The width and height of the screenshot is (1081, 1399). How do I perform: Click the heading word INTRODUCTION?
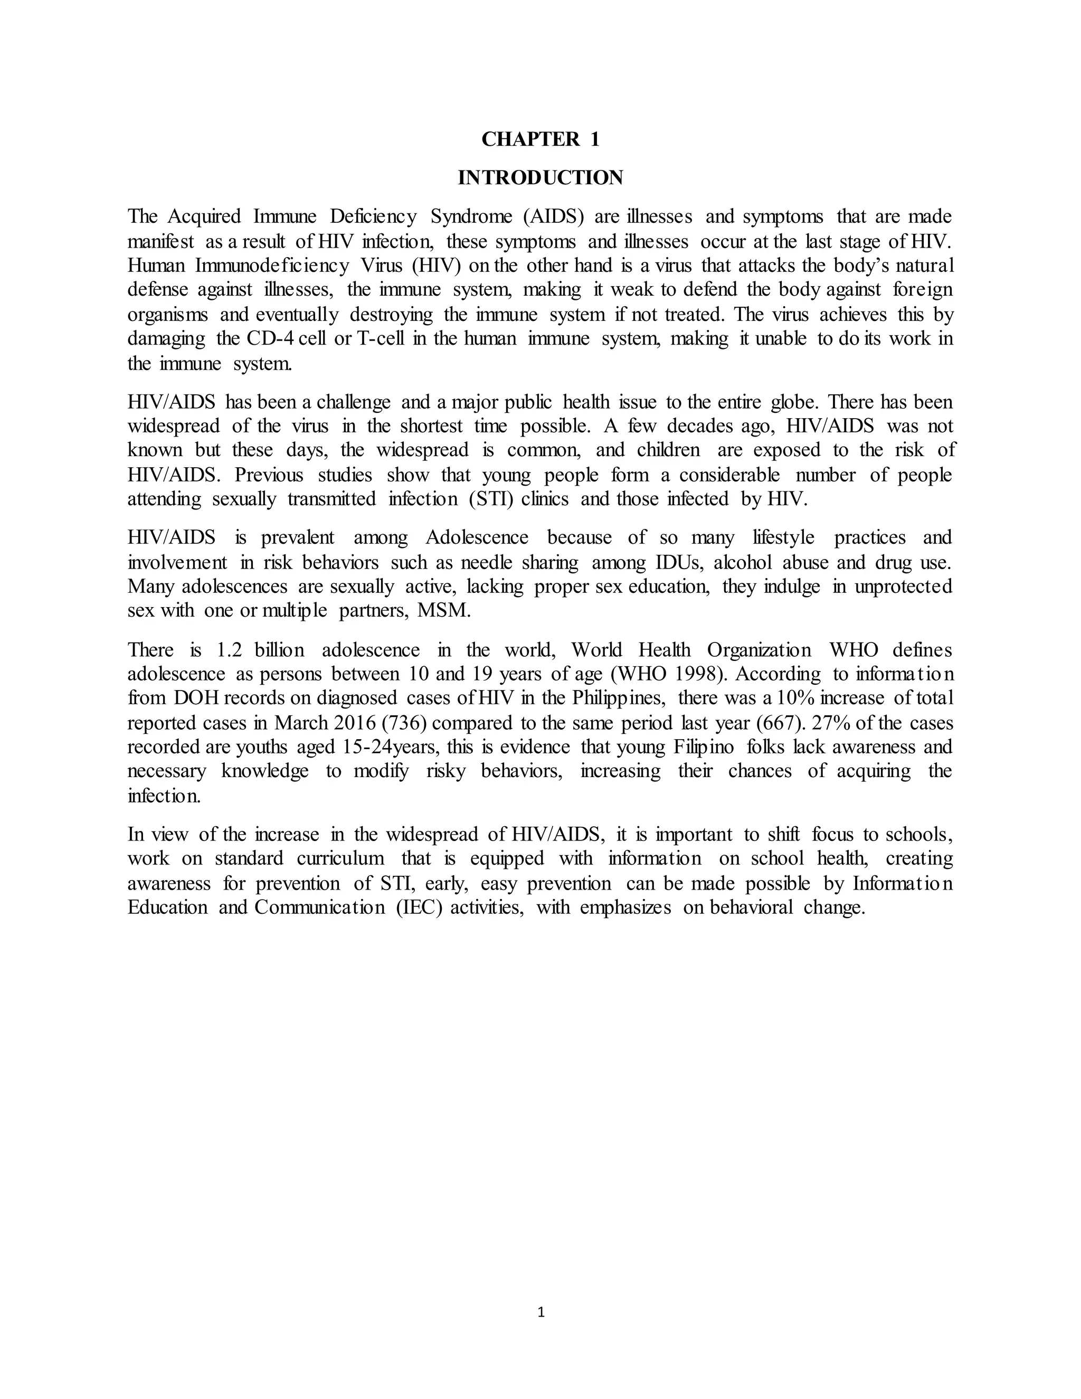(x=540, y=177)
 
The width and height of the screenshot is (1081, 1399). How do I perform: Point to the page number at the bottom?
(x=540, y=1312)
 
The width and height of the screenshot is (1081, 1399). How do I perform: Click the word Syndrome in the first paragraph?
(x=471, y=216)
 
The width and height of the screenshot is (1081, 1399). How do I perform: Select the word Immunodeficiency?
(x=272, y=265)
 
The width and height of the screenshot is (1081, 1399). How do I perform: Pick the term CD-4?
(x=270, y=338)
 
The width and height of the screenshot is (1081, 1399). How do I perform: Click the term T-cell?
(x=379, y=338)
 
